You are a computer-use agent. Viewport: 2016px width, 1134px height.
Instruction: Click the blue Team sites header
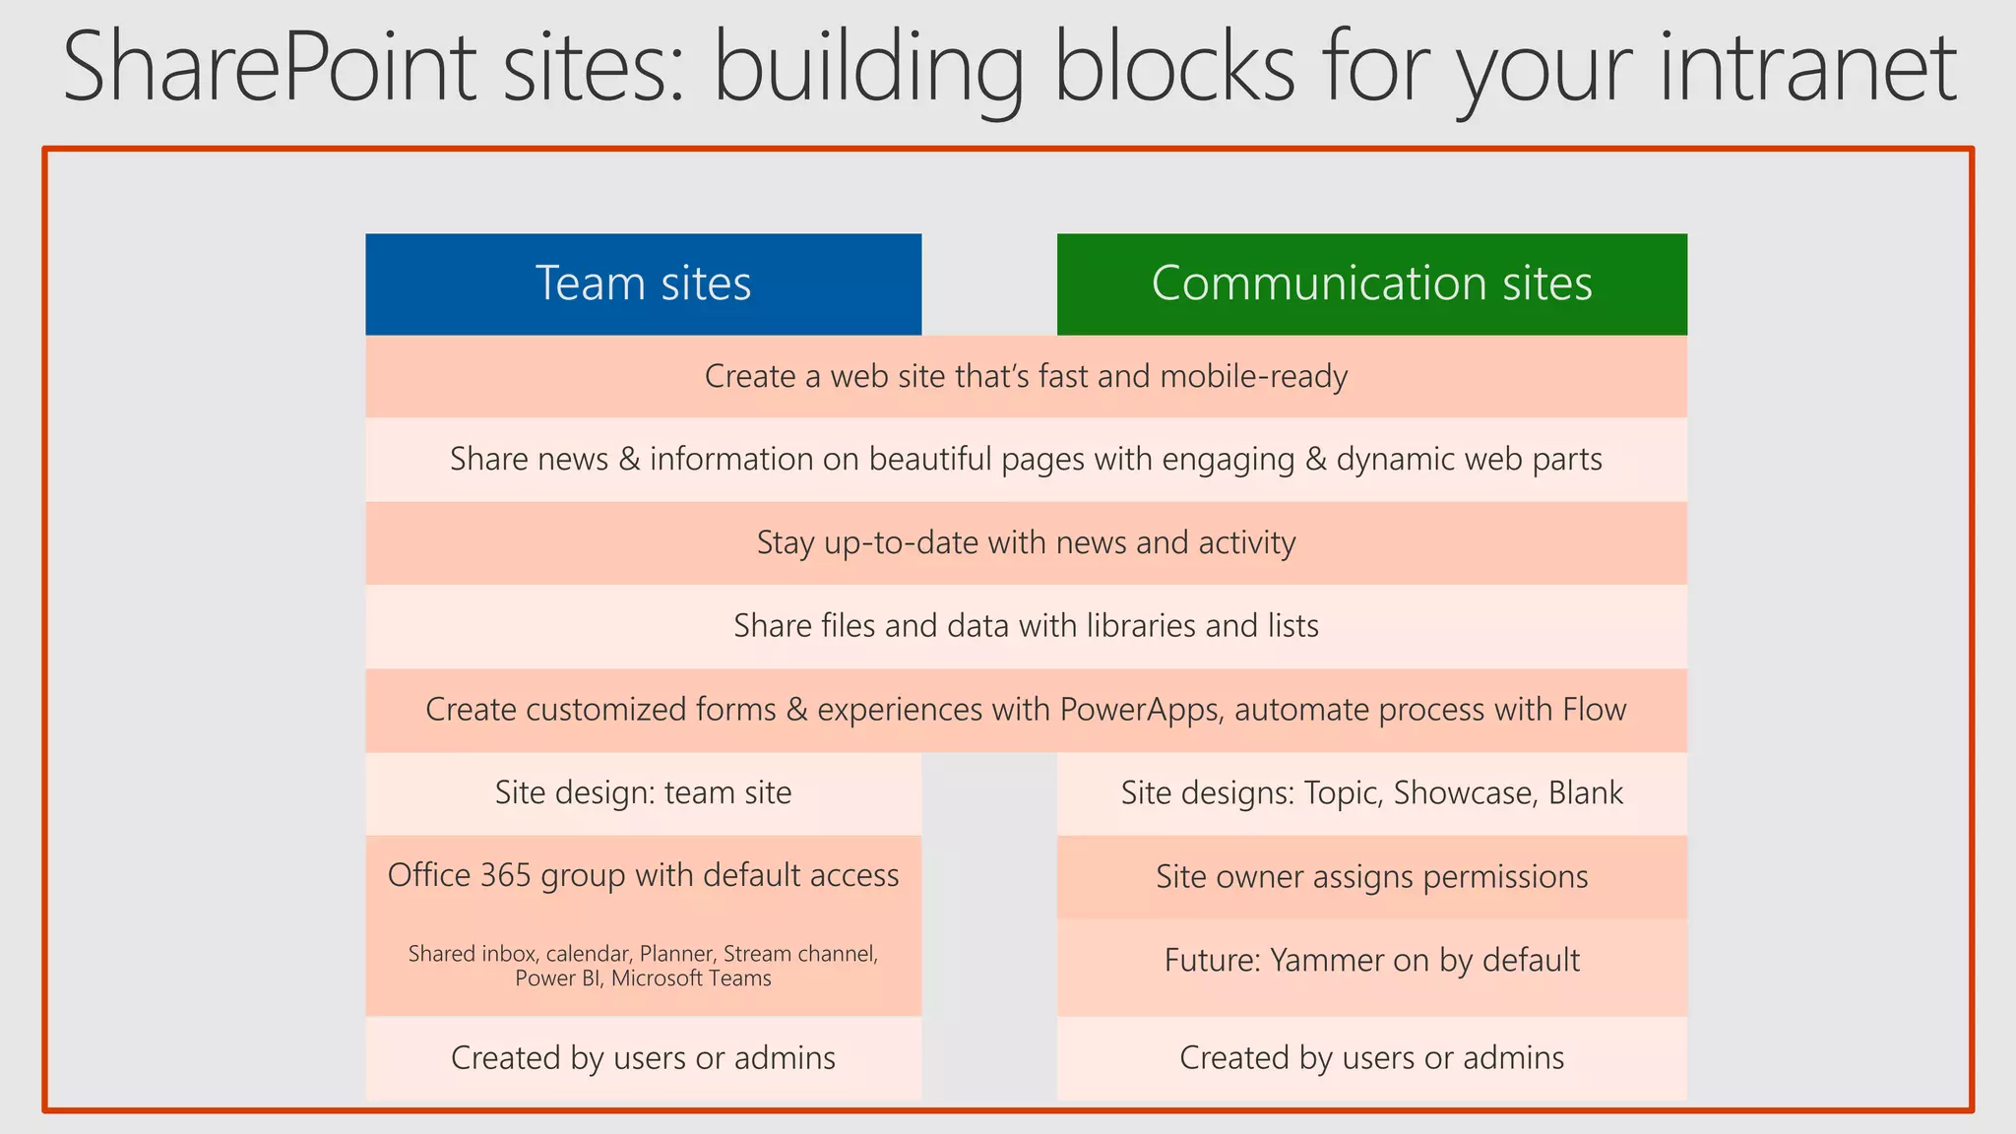click(x=643, y=283)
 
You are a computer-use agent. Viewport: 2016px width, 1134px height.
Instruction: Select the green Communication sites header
click(x=1371, y=283)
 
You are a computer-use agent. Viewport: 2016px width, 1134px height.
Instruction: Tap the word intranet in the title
click(x=1807, y=67)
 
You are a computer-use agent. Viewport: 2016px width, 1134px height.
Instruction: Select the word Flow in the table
click(x=1594, y=710)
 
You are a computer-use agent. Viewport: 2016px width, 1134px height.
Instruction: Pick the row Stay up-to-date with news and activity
click(x=1026, y=543)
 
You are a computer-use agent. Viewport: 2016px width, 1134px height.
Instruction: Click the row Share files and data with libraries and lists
click(x=1026, y=626)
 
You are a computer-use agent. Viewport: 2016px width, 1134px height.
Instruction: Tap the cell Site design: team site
click(x=643, y=793)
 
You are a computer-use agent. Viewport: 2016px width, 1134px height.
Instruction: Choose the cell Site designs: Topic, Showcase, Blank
click(x=1371, y=793)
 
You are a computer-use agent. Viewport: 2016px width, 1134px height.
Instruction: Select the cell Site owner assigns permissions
click(x=1371, y=877)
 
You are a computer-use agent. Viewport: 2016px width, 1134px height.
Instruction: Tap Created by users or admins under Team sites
click(x=643, y=1058)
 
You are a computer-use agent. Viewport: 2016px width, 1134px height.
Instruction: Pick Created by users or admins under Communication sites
click(x=1371, y=1058)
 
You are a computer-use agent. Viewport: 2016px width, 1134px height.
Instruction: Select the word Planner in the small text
click(x=676, y=954)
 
